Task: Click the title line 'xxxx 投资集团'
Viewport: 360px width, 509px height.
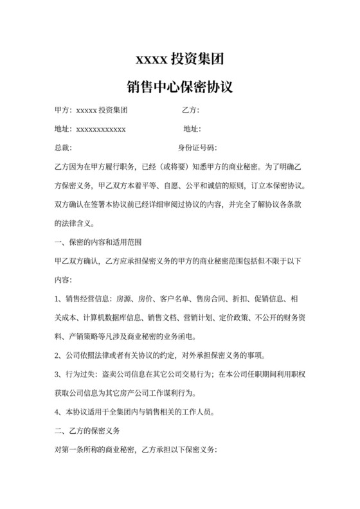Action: [x=179, y=60]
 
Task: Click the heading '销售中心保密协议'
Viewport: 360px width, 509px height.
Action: [x=179, y=87]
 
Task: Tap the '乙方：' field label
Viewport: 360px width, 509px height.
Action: [x=192, y=110]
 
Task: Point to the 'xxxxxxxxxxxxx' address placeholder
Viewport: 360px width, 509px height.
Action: [x=101, y=129]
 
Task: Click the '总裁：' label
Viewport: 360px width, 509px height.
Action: [x=63, y=148]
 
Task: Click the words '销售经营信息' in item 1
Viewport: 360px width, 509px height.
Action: [x=87, y=299]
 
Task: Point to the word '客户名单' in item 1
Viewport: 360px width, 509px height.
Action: [x=172, y=299]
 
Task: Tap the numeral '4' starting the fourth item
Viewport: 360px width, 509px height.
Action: [x=57, y=412]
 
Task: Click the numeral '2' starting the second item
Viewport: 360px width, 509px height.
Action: [x=57, y=356]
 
